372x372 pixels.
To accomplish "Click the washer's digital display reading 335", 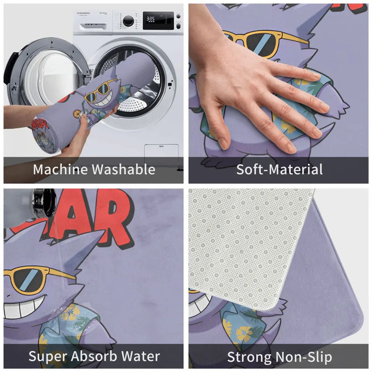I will click(150, 19).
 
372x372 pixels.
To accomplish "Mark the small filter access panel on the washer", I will click(157, 153).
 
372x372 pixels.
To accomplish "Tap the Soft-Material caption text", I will click(279, 169).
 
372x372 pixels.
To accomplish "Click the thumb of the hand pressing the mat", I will click(224, 137).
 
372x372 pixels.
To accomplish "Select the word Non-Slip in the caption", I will click(305, 357).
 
